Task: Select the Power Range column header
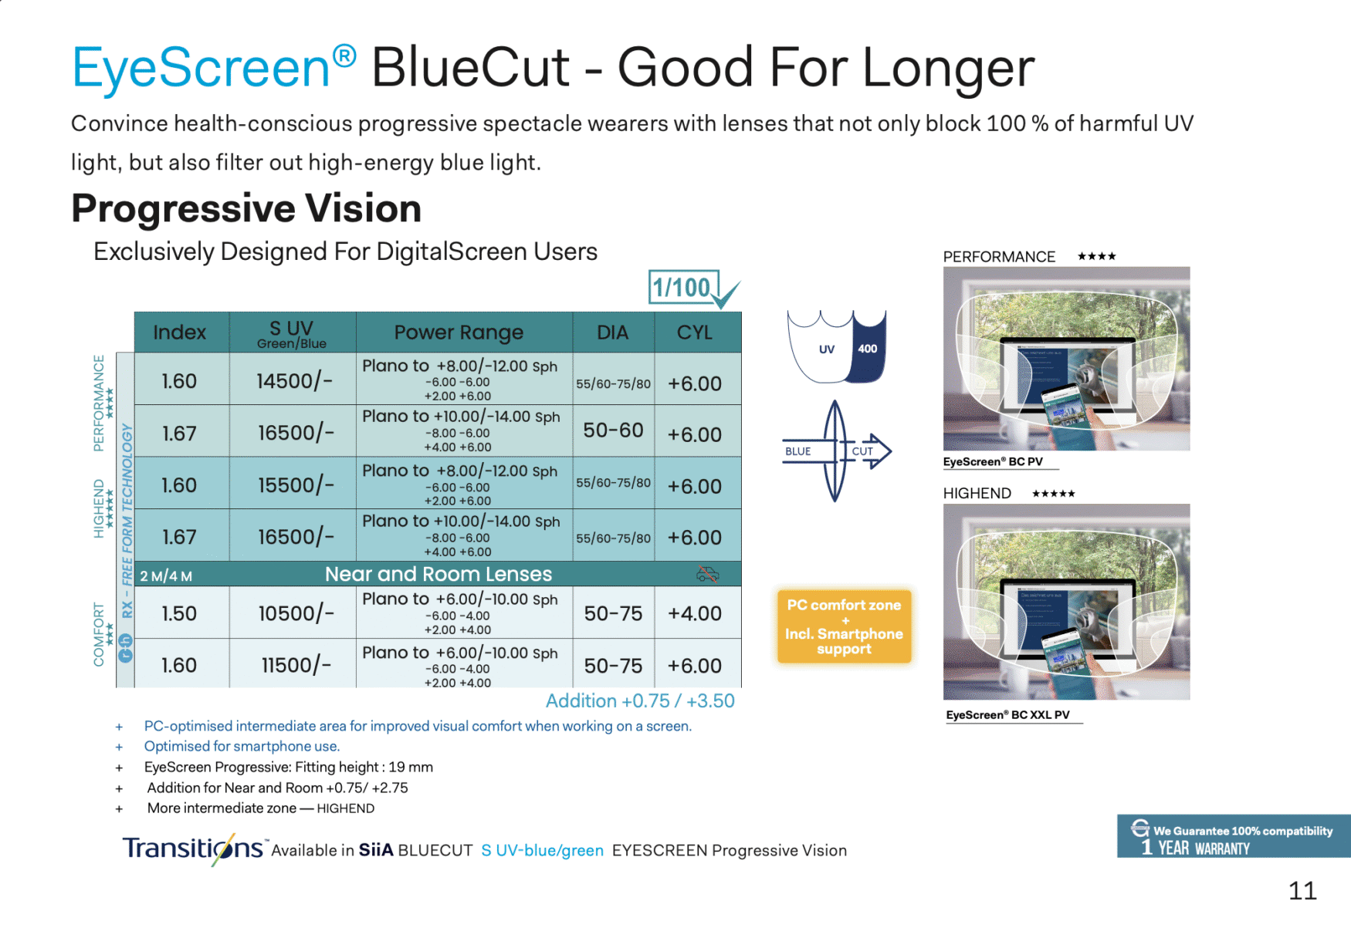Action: coord(459,332)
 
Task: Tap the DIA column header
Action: coord(613,332)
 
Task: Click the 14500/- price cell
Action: coord(294,380)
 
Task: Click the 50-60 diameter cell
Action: coord(613,430)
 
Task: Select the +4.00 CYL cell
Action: coord(695,613)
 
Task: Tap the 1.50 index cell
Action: coord(179,613)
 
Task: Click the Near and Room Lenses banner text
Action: coord(438,574)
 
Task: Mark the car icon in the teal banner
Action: coord(707,574)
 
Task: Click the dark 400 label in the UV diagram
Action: coord(867,349)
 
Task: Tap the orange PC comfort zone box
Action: coord(844,626)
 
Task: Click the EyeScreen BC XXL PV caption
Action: coord(1008,715)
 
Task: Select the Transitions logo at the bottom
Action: coord(193,849)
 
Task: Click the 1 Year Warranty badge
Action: coord(1233,836)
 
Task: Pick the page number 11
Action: coord(1302,891)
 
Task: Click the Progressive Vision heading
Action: coord(246,208)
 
